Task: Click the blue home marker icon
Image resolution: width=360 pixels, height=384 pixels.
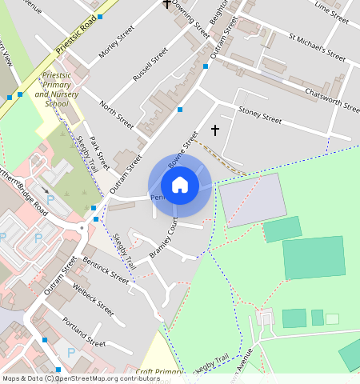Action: click(180, 185)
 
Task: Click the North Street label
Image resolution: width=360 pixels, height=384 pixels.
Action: click(117, 115)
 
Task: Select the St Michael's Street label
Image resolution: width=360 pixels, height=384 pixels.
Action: click(317, 47)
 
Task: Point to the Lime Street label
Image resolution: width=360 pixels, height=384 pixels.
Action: click(332, 11)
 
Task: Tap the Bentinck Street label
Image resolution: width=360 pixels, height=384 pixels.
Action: click(105, 269)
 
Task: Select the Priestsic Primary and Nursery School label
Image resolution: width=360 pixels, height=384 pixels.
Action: click(57, 88)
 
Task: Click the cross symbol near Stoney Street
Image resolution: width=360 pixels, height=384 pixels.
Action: click(214, 129)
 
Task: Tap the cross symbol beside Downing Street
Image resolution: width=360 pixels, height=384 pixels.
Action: click(166, 4)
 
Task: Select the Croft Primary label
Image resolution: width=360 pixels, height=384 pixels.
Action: click(159, 372)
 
